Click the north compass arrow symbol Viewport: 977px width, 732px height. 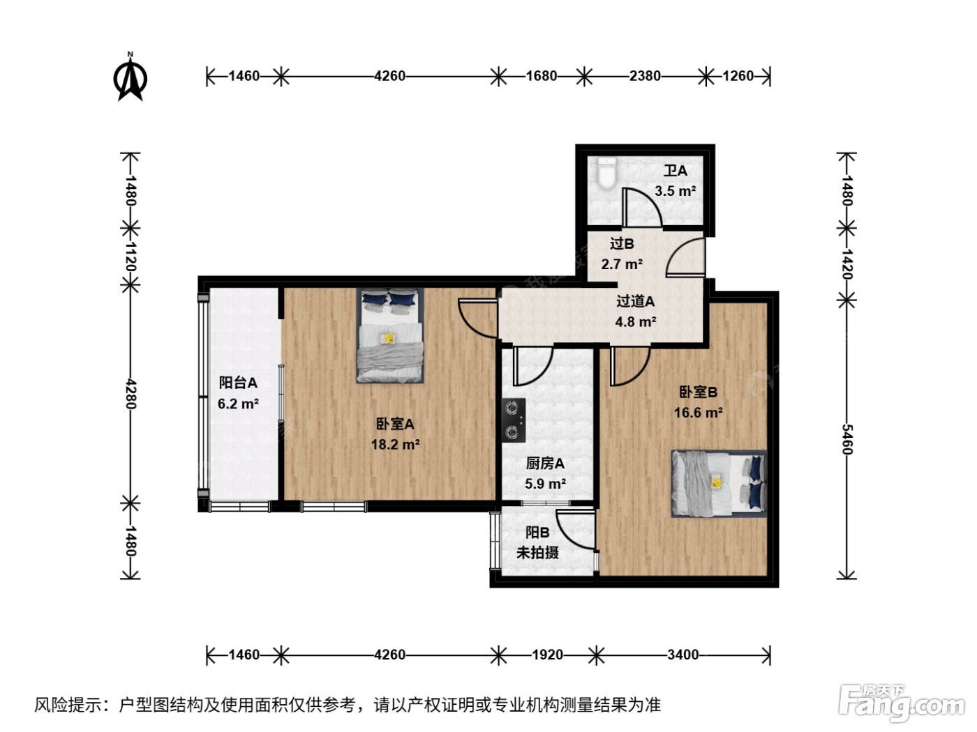130,78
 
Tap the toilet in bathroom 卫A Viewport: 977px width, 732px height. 606,174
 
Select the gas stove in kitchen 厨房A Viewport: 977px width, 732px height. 514,420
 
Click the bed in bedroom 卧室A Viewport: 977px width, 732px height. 390,335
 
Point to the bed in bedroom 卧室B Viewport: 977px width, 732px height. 719,484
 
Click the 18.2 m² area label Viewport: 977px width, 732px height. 395,444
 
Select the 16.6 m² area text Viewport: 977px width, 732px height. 698,413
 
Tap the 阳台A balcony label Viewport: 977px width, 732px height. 238,382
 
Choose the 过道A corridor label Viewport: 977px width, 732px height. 635,301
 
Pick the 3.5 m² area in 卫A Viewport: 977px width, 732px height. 676,191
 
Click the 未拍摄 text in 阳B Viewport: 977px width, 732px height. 537,552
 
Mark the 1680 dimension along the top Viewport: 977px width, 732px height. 542,76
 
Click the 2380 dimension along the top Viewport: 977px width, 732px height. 645,76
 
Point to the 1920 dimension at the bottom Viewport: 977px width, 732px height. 548,655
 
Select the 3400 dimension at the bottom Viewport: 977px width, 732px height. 683,655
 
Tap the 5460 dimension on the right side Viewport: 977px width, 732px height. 847,440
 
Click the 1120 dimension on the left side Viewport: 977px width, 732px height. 130,257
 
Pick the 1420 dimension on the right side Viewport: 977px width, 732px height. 847,264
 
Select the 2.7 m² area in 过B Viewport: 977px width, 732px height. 622,264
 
